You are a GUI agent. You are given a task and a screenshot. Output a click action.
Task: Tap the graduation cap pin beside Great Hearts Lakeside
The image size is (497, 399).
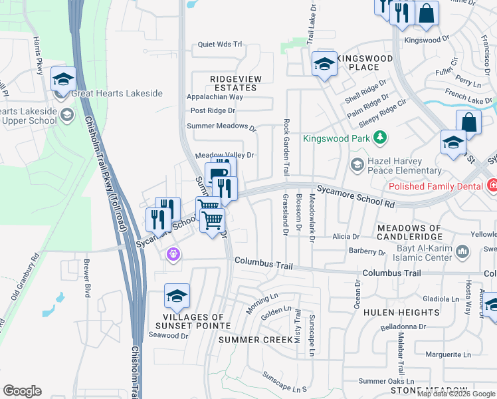[63, 80]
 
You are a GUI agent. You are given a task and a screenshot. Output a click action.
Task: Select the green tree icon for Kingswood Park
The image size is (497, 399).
[379, 138]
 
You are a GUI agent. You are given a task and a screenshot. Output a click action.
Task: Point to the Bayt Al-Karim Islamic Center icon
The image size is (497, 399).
[464, 251]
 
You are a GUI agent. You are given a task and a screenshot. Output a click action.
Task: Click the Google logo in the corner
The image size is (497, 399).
[23, 391]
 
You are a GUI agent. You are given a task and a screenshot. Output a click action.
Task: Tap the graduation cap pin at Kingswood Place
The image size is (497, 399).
[324, 65]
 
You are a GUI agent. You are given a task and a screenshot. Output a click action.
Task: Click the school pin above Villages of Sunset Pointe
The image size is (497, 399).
[177, 297]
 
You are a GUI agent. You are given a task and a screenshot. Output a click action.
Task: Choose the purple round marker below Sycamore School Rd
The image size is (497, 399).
[174, 253]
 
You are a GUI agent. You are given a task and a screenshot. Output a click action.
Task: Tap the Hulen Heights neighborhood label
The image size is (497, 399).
[410, 312]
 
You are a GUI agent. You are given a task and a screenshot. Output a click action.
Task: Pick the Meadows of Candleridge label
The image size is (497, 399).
[409, 233]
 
